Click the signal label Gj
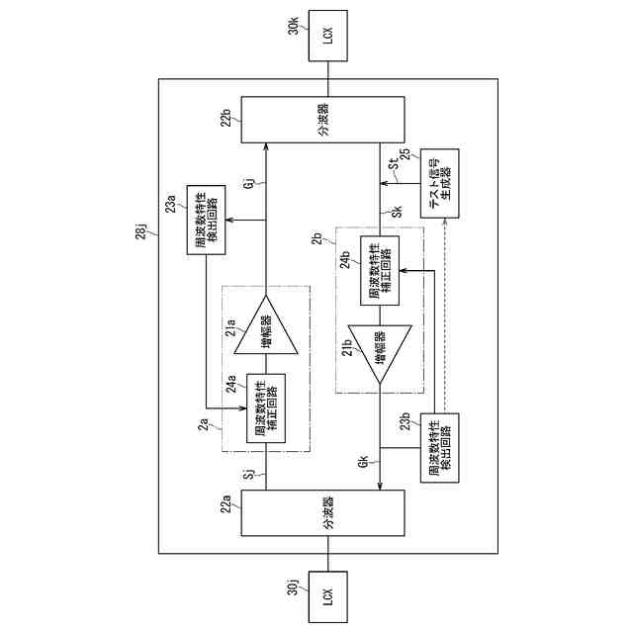pyautogui.click(x=250, y=182)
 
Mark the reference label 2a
pyautogui.click(x=204, y=427)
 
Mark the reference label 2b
pyautogui.click(x=316, y=241)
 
